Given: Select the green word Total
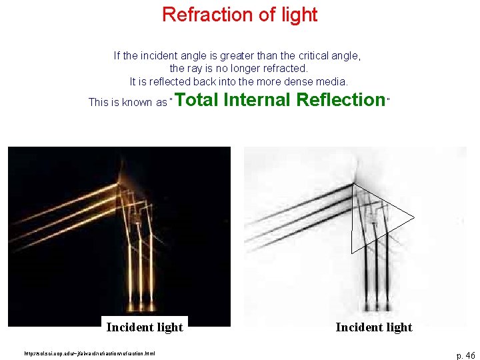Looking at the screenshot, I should [x=198, y=100].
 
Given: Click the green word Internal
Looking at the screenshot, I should [x=258, y=100].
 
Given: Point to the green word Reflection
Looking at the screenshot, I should [x=341, y=100].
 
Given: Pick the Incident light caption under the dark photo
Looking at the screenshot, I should [x=145, y=327].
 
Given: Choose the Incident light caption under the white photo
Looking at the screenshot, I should [x=374, y=327].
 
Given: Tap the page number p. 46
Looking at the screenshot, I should [x=465, y=355].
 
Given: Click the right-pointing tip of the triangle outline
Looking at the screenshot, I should [x=414, y=217].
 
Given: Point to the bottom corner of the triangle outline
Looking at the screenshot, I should [x=351, y=252].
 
